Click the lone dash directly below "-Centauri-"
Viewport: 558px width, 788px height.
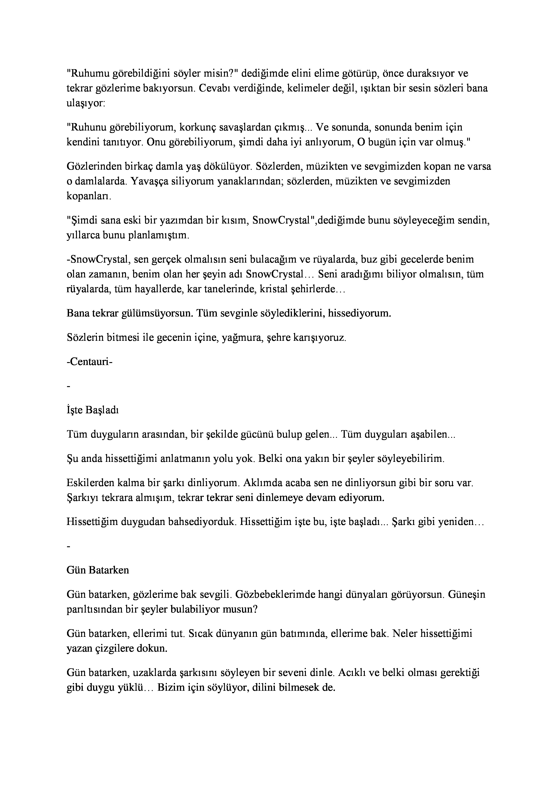click(69, 387)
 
